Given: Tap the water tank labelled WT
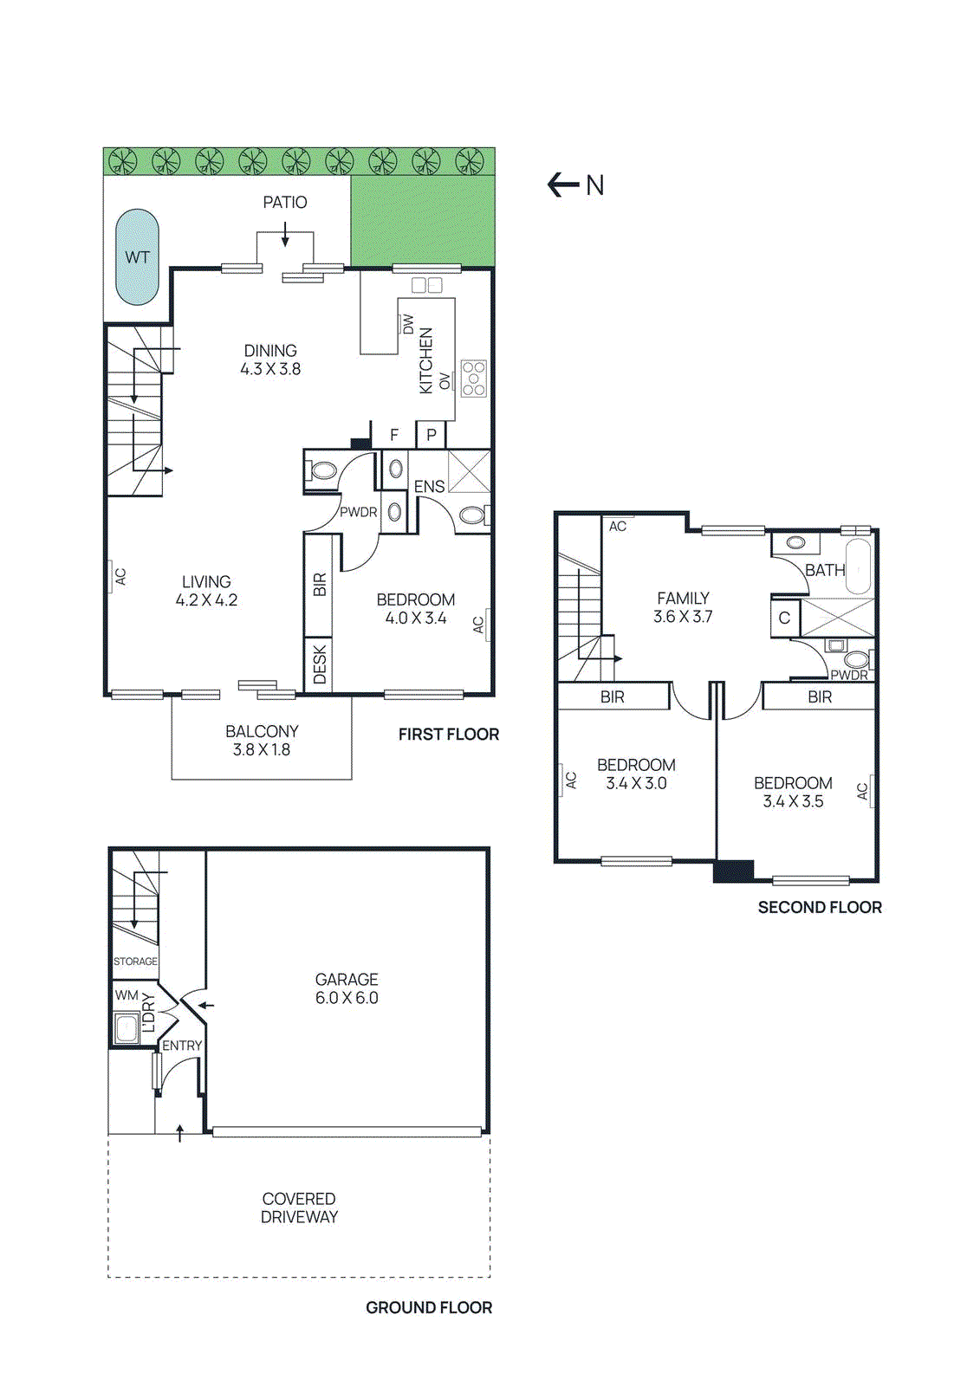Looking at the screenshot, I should point(138,257).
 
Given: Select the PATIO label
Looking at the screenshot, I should point(285,202).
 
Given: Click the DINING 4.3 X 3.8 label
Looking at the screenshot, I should point(270,359).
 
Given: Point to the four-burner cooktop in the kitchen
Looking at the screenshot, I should point(474,379).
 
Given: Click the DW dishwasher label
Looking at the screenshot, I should point(408,324).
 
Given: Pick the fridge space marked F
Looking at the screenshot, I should point(394,435).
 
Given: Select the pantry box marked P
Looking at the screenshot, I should point(431,435).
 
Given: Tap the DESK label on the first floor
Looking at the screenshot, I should point(319,664).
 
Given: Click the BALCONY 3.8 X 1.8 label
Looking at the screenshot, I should point(262,741).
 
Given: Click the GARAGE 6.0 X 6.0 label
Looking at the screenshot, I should point(347,988).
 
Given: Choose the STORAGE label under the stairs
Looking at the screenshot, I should point(135,962).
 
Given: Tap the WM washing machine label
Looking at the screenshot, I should point(127,995).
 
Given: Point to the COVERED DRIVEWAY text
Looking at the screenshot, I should point(300,1208).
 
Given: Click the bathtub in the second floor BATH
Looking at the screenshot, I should point(858,567).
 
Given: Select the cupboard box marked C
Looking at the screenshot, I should point(784,618).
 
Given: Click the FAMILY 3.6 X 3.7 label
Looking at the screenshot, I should point(683,607).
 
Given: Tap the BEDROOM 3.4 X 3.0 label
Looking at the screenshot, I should point(636,774).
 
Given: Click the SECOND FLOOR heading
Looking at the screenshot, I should point(820,907).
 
